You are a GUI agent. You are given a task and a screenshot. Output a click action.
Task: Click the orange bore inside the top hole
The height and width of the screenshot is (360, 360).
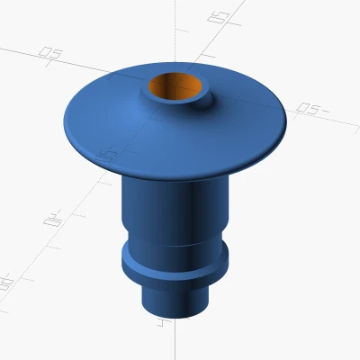click(x=178, y=89)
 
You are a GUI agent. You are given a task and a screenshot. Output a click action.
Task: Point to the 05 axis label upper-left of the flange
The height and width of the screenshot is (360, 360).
click(x=51, y=55)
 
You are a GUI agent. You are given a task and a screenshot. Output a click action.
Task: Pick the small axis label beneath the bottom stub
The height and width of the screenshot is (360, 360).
click(x=160, y=320)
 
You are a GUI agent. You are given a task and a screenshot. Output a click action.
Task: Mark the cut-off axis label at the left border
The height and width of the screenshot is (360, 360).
click(x=5, y=283)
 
